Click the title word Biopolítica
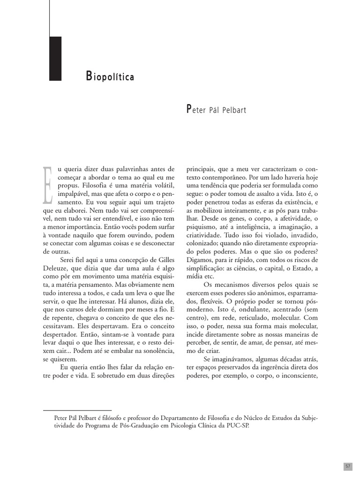(x=110, y=76)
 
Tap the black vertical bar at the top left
(x=55, y=58)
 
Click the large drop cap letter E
(x=48, y=185)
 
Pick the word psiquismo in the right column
(x=202, y=227)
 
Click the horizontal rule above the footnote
(x=77, y=410)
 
